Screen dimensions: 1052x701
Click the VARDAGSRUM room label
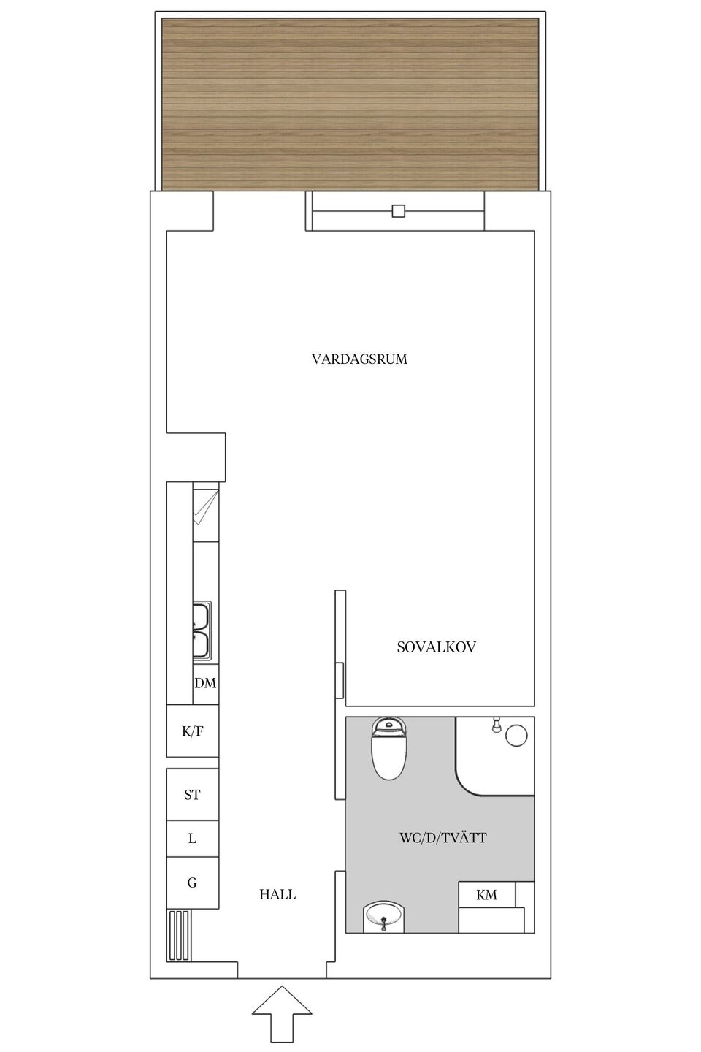tap(359, 359)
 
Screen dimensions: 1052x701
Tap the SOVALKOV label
tap(436, 647)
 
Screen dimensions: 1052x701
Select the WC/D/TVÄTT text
tap(443, 837)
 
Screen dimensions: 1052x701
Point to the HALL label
tap(277, 894)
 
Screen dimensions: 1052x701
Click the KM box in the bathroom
tap(486, 894)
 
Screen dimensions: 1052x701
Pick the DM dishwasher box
tap(205, 683)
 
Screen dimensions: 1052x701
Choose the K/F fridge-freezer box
tap(192, 731)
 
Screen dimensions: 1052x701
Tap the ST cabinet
tap(192, 794)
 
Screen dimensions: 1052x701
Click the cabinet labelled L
tap(192, 839)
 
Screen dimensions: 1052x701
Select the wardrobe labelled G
tap(192, 883)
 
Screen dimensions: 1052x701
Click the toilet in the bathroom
tap(388, 749)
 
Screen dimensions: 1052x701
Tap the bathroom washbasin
tap(383, 916)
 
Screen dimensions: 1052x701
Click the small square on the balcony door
tap(398, 211)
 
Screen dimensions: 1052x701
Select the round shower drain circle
tap(516, 735)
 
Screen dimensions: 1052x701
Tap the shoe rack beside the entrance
tap(180, 934)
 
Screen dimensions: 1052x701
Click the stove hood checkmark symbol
tap(205, 508)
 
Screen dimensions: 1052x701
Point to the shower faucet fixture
tap(497, 724)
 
